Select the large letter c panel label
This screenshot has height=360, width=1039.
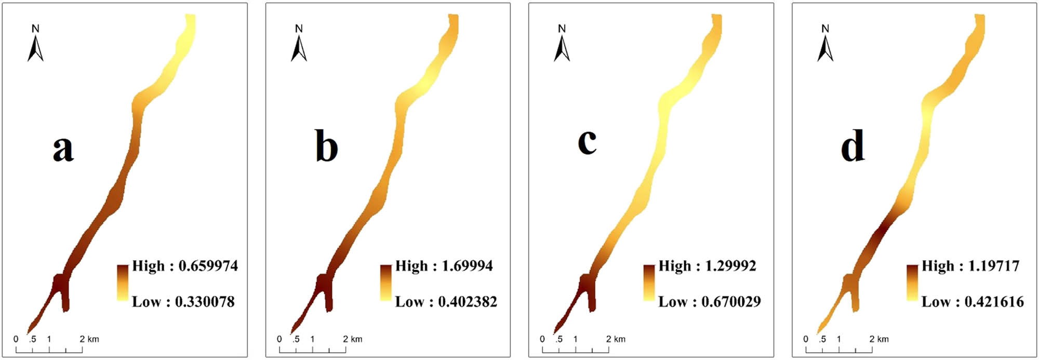point(587,141)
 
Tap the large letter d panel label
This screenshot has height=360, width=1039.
point(852,145)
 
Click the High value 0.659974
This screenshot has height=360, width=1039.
point(208,266)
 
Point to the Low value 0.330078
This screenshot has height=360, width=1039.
point(204,302)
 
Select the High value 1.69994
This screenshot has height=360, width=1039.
point(467,266)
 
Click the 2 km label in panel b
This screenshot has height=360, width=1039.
point(353,339)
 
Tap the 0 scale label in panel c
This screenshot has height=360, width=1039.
point(542,339)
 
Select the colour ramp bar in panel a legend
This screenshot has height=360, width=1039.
point(123,283)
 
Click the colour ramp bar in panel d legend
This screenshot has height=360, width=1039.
point(912,283)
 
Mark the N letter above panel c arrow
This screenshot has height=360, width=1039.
point(562,29)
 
